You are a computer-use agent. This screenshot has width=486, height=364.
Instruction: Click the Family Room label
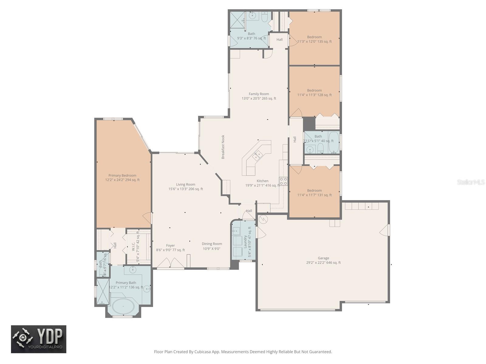(259, 96)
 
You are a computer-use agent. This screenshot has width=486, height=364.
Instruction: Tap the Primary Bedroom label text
(122, 177)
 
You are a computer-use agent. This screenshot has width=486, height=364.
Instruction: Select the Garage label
(323, 260)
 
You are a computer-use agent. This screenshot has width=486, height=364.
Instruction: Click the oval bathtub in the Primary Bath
(123, 306)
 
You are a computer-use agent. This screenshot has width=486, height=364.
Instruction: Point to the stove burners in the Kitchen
(283, 181)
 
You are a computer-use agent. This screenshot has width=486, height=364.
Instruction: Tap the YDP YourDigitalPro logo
(39, 339)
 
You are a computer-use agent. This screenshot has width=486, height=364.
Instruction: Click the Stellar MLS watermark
(471, 182)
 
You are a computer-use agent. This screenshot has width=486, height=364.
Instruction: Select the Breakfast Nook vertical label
(223, 147)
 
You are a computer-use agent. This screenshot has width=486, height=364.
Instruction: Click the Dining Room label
(212, 246)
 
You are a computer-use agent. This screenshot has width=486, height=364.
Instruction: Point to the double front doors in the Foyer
(170, 263)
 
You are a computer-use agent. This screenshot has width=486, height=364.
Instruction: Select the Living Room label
(186, 187)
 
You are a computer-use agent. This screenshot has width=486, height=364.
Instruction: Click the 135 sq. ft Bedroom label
(314, 39)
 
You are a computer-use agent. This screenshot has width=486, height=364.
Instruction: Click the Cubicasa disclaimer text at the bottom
(243, 352)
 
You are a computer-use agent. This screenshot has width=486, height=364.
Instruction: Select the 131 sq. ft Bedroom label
(314, 193)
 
